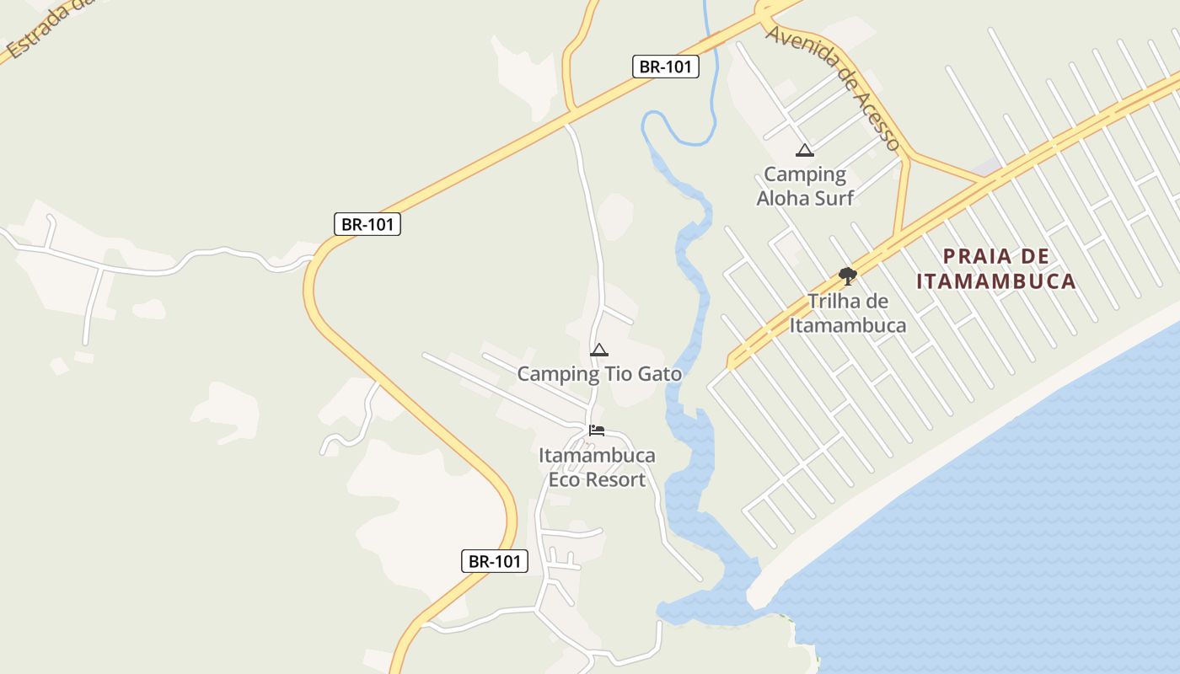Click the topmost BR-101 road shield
(666, 67)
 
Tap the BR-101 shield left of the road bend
(367, 224)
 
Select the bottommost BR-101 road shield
(495, 561)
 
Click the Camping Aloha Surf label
(805, 186)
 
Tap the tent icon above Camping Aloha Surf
(805, 151)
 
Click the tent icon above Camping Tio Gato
(599, 350)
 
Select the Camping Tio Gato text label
(599, 373)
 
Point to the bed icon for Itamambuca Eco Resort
(597, 430)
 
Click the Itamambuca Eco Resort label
(597, 468)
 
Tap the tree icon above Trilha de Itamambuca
(848, 275)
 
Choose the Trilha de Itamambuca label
(848, 313)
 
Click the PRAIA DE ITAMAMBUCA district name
(996, 269)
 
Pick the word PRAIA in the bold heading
(973, 256)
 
